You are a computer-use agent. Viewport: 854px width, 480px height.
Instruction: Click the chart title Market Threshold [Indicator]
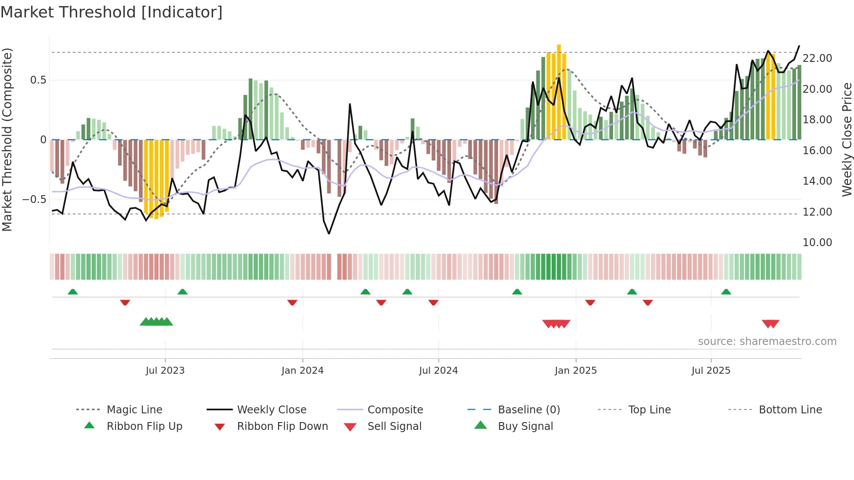pos(112,12)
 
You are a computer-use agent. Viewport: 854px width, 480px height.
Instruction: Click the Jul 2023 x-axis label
pos(165,370)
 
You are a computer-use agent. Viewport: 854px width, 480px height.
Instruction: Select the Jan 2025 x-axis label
pos(576,370)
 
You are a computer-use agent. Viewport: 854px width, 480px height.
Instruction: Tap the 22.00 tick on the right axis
pos(817,58)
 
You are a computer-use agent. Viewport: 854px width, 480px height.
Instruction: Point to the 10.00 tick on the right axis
pos(817,242)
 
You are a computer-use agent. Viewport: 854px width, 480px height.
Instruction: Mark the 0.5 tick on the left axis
pos(38,80)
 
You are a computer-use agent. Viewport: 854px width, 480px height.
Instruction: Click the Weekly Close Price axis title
pos(846,139)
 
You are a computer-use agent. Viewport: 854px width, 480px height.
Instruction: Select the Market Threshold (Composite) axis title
pos(7,139)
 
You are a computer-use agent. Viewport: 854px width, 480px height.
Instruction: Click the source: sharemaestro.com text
pos(767,341)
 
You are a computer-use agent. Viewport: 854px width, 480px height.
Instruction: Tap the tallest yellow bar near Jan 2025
pos(559,91)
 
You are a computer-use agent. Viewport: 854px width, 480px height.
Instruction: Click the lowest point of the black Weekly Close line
pos(329,233)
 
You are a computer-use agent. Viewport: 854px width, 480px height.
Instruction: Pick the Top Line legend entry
pos(649,409)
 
